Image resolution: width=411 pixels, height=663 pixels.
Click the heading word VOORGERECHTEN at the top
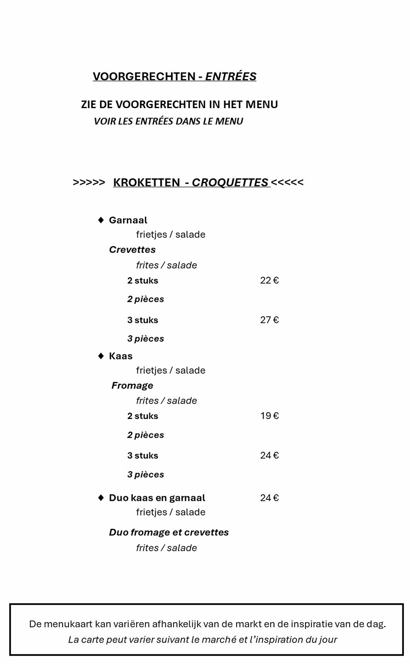(x=144, y=76)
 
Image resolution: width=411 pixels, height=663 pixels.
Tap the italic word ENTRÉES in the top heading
(x=231, y=76)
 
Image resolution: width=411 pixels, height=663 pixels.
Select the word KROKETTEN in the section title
(x=147, y=182)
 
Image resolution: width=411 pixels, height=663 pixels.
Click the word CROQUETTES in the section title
(x=230, y=182)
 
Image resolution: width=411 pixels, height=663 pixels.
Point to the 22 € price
(x=269, y=281)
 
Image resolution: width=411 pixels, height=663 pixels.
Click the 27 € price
(x=269, y=320)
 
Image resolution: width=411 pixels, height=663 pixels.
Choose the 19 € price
(x=269, y=416)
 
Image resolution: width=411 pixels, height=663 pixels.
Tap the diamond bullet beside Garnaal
(x=101, y=220)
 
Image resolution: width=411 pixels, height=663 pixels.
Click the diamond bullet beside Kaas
(x=101, y=356)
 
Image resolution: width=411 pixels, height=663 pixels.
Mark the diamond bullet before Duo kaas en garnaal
(x=101, y=498)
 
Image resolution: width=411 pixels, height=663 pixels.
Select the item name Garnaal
(x=128, y=220)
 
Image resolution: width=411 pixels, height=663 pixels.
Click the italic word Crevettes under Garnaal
(x=132, y=250)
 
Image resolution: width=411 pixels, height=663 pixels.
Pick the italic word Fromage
(x=132, y=386)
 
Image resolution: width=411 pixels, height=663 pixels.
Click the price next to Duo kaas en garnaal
(x=269, y=498)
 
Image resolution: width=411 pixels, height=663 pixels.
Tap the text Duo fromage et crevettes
(x=169, y=532)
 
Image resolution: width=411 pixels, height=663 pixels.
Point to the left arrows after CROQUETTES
(x=287, y=182)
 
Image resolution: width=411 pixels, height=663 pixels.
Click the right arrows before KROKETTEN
(x=89, y=182)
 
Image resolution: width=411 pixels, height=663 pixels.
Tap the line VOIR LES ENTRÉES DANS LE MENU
(x=168, y=121)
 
